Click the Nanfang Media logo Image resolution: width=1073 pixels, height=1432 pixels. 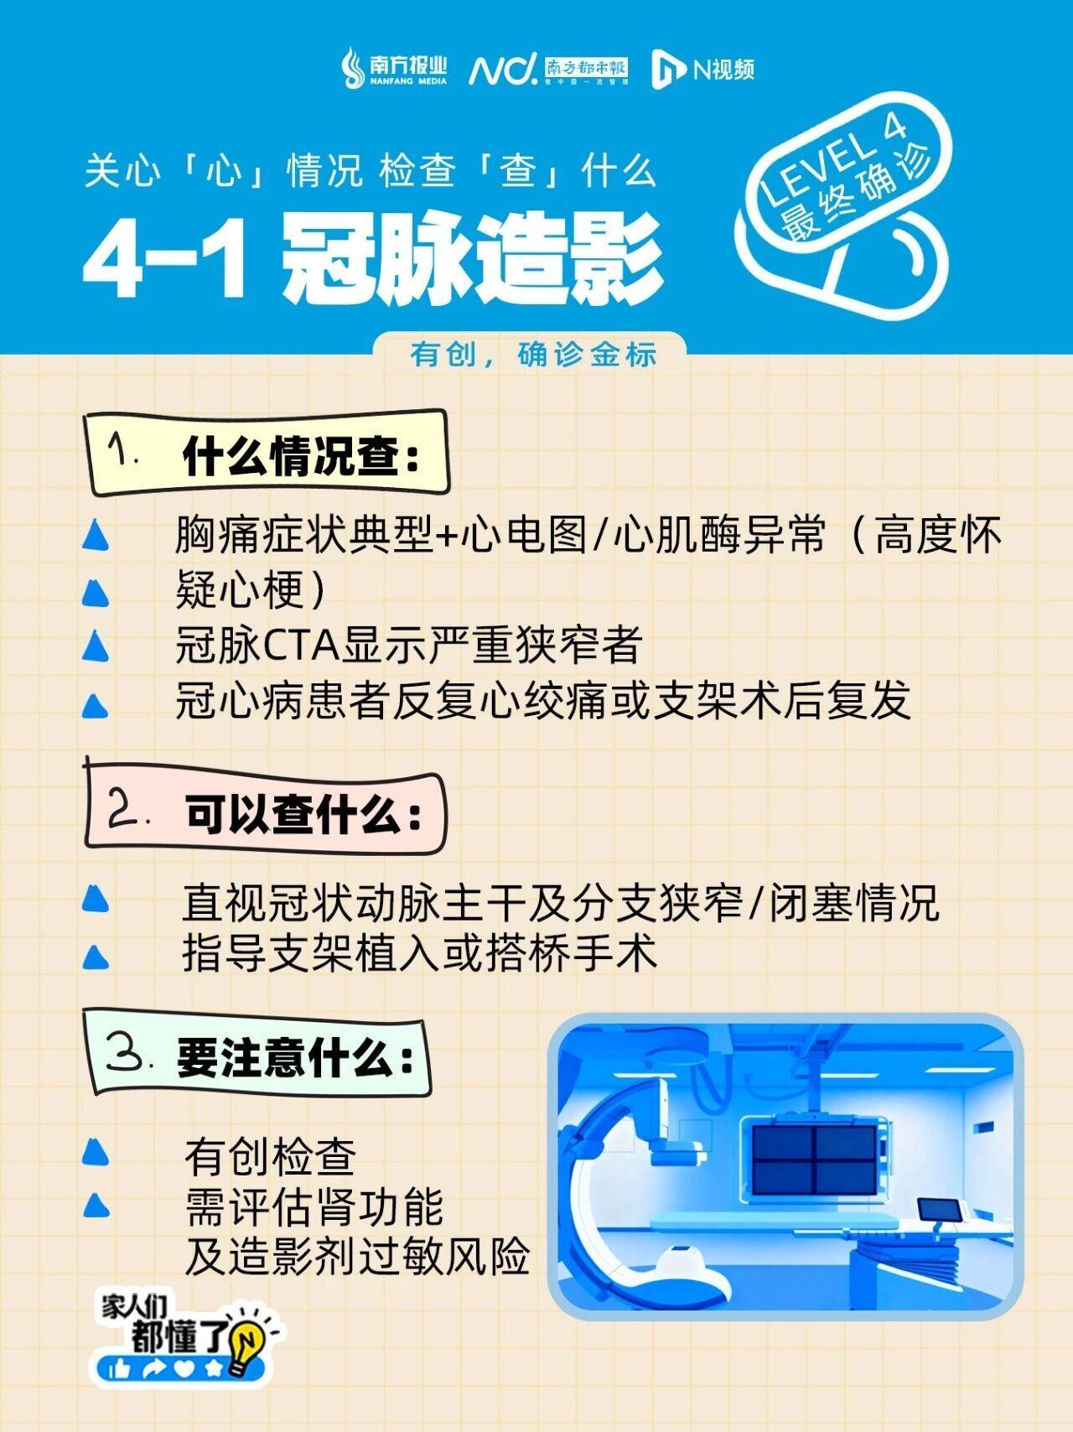click(x=394, y=67)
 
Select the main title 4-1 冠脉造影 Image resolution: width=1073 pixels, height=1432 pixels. click(x=373, y=259)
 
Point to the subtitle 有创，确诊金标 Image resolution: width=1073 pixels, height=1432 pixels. click(x=533, y=354)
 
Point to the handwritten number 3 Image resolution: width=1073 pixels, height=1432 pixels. click(x=126, y=1053)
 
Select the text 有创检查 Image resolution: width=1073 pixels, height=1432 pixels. click(x=270, y=1157)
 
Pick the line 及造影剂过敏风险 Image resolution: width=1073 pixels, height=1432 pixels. click(x=357, y=1256)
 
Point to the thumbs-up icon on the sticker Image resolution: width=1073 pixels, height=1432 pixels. click(x=119, y=1369)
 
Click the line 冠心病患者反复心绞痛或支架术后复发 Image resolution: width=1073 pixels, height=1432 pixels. click(x=543, y=701)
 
